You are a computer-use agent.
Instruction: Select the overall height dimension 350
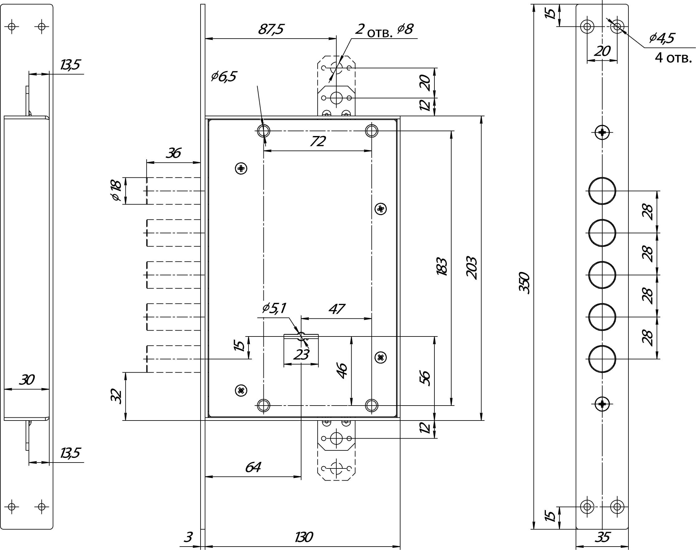pyautogui.click(x=524, y=282)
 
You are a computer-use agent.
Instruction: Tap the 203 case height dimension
pyautogui.click(x=471, y=268)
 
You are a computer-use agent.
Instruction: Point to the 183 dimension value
pyautogui.click(x=442, y=267)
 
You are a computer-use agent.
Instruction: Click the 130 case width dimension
pyautogui.click(x=303, y=537)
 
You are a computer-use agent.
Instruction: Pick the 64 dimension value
pyautogui.click(x=253, y=467)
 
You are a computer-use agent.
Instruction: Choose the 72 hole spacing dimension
pyautogui.click(x=318, y=141)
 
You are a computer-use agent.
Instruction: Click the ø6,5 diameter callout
pyautogui.click(x=224, y=77)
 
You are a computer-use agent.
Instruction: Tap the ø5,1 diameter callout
pyautogui.click(x=274, y=308)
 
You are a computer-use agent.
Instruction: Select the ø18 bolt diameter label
pyautogui.click(x=116, y=190)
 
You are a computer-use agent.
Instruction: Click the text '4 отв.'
pyautogui.click(x=673, y=58)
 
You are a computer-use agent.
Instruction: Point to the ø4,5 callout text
pyautogui.click(x=661, y=38)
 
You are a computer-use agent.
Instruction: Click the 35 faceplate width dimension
pyautogui.click(x=602, y=537)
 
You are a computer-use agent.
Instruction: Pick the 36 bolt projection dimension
pyautogui.click(x=173, y=153)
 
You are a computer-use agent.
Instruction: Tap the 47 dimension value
pyautogui.click(x=336, y=309)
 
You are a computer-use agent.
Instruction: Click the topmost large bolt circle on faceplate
pyautogui.click(x=602, y=190)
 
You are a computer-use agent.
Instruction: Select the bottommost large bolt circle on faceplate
pyautogui.click(x=602, y=359)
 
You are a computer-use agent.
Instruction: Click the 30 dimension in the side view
pyautogui.click(x=26, y=380)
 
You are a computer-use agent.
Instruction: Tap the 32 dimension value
pyautogui.click(x=116, y=396)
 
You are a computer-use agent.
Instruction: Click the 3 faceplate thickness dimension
pyautogui.click(x=188, y=537)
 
